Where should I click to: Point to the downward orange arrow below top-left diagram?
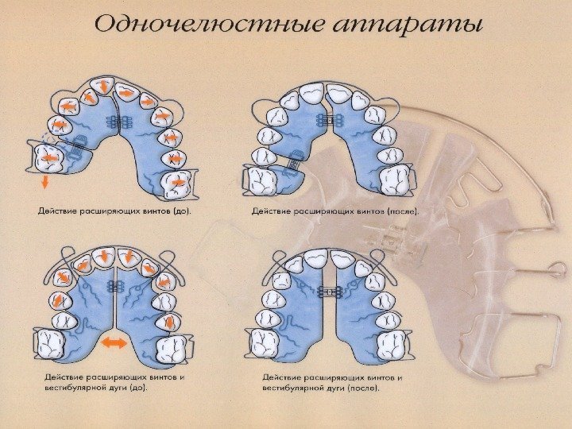[x=45, y=182]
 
